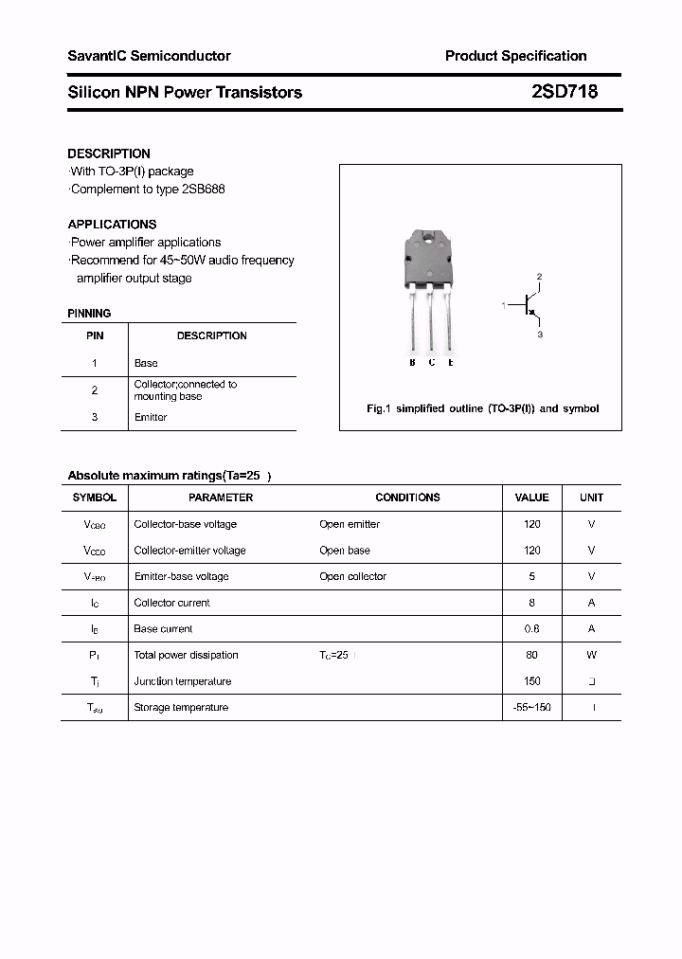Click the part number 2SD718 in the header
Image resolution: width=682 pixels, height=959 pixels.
[564, 92]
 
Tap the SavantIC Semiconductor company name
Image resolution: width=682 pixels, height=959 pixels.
[149, 56]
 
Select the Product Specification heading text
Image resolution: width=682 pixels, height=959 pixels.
[515, 56]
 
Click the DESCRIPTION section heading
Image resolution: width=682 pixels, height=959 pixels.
[109, 154]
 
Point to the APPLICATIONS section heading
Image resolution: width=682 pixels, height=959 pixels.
[112, 225]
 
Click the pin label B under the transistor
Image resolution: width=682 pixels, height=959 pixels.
[412, 362]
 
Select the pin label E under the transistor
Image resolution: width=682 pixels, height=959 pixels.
[451, 362]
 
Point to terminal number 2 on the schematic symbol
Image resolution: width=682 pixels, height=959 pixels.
[539, 277]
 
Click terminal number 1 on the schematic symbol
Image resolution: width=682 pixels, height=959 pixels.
[504, 305]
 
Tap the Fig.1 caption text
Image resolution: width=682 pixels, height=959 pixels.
[482, 408]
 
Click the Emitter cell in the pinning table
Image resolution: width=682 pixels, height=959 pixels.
[151, 417]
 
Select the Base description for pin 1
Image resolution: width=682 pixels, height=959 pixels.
[146, 363]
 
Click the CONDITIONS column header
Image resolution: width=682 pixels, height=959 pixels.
[407, 498]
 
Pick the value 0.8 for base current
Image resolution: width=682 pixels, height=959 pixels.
[531, 628]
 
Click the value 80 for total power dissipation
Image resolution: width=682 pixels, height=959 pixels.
[531, 655]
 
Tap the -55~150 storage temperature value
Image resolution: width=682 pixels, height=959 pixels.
[531, 707]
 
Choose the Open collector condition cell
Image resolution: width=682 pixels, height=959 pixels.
[353, 576]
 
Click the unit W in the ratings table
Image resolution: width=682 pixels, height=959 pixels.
[591, 655]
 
